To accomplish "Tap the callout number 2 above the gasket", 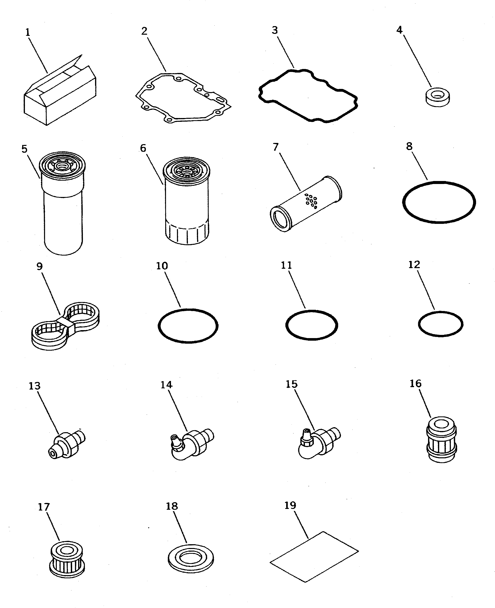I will pyautogui.click(x=144, y=31).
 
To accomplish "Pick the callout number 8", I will pyautogui.click(x=409, y=146).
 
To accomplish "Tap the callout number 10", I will pyautogui.click(x=162, y=266).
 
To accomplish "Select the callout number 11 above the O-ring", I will pyautogui.click(x=286, y=265).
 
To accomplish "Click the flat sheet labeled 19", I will pyautogui.click(x=314, y=556).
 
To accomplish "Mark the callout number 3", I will pyautogui.click(x=275, y=30).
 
